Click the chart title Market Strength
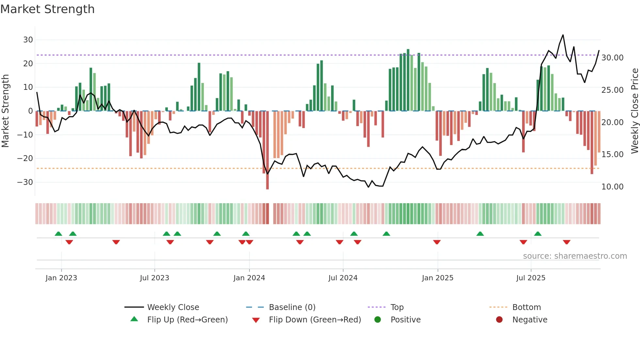click(x=47, y=9)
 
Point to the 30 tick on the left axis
click(x=28, y=40)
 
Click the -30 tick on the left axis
click(x=25, y=182)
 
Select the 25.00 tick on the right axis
click(x=612, y=90)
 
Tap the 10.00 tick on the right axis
click(x=612, y=187)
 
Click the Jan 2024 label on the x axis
click(x=249, y=278)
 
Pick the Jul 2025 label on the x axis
click(x=531, y=278)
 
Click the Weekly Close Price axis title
click(x=634, y=111)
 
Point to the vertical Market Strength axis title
click(x=5, y=111)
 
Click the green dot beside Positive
click(x=378, y=320)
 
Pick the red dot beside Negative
click(x=499, y=320)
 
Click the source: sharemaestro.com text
click(x=575, y=256)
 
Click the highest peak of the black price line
click(x=563, y=35)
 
